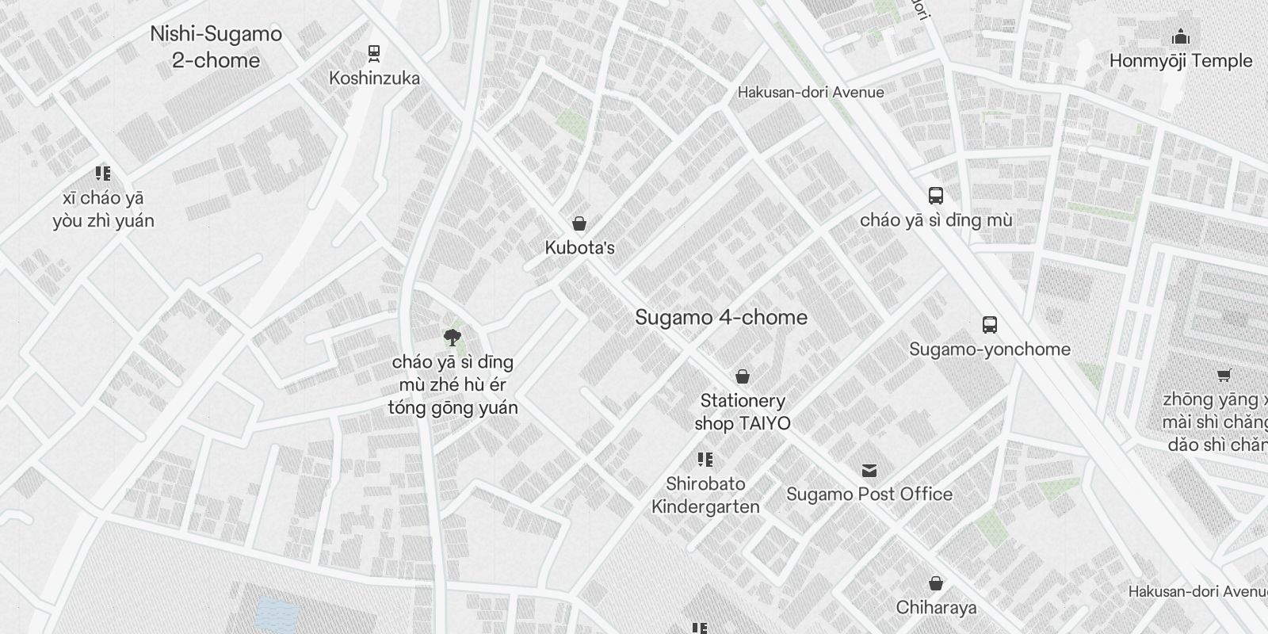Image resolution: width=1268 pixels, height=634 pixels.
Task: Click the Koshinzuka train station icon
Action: pos(374,53)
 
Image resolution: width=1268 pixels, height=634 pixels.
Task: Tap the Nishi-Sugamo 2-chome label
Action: pos(216,47)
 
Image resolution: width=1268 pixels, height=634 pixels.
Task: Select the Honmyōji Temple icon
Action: pos(1181,36)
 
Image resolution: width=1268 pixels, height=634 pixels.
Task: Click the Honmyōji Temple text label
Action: pos(1181,61)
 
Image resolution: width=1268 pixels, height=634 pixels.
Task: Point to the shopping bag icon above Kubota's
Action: pos(579,223)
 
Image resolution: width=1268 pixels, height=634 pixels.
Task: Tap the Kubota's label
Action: pos(579,248)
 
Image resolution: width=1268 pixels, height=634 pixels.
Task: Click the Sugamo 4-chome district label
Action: pos(721,318)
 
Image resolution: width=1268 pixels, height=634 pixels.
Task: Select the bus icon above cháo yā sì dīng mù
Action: pos(936,196)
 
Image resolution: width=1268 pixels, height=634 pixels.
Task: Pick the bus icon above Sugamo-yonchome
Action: pos(990,324)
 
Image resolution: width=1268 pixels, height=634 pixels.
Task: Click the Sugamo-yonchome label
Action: pos(990,349)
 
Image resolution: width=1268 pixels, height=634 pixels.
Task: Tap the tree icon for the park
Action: pos(453,338)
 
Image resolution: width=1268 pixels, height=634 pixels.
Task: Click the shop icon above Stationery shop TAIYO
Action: pos(743,376)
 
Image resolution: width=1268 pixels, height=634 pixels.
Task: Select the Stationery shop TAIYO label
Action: pos(743,412)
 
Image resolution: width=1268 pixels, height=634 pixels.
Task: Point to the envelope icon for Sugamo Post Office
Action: pos(869,470)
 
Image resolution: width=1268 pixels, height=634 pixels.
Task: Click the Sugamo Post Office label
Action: pos(869,495)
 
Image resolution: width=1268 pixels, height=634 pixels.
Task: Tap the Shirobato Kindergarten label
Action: pos(705,495)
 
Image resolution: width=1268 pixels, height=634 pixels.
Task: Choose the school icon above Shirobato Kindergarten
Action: pos(705,460)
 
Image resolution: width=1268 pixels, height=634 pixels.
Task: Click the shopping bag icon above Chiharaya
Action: pos(936,584)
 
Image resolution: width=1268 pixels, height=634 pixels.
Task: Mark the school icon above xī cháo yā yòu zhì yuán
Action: pos(102,174)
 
